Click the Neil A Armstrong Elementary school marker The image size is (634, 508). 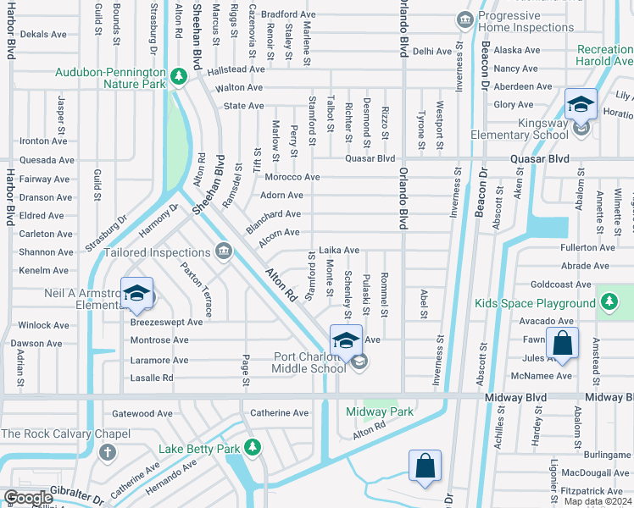136,294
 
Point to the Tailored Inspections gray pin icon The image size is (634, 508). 224,251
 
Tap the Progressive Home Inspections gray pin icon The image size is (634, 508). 464,19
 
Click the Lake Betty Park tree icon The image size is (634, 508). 251,447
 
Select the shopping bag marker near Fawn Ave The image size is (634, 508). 561,344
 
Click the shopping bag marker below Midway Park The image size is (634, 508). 425,467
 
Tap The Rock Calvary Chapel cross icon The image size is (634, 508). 106,451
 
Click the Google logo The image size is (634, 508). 28,498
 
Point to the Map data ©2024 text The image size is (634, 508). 598,501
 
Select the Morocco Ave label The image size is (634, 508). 292,177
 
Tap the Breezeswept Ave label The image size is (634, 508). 166,322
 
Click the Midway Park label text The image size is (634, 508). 379,412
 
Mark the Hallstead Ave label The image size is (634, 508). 236,69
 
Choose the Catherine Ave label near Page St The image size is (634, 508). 280,413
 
